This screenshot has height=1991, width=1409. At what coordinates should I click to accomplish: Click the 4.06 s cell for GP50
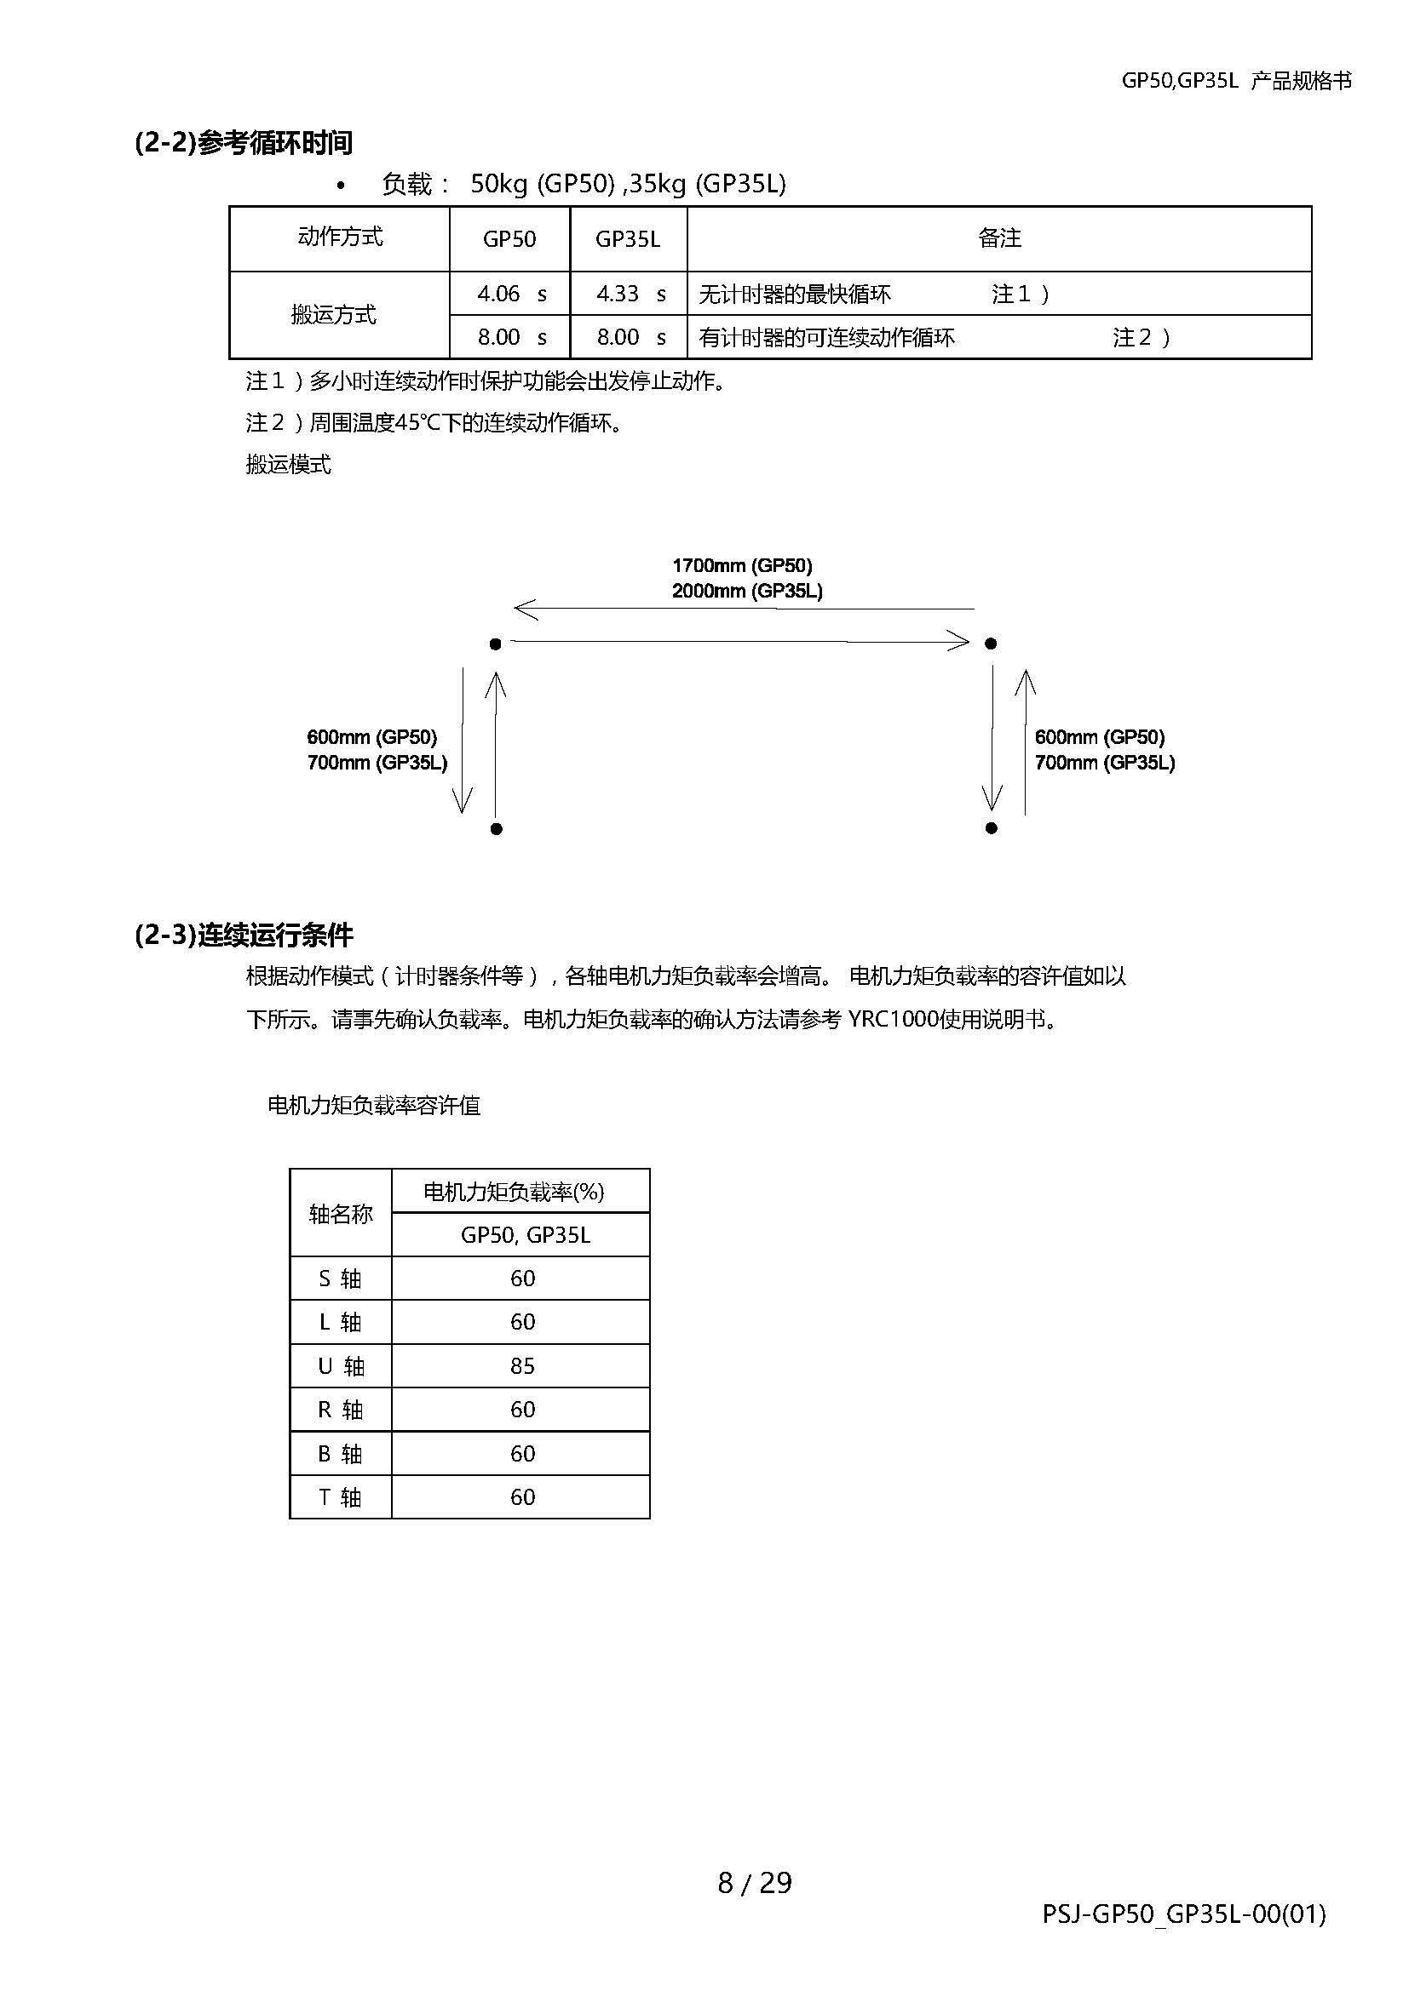point(510,294)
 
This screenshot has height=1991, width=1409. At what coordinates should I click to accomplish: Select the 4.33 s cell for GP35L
point(629,294)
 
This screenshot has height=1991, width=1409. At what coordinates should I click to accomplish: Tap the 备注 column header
point(998,238)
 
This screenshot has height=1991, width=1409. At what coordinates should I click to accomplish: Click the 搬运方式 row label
point(334,315)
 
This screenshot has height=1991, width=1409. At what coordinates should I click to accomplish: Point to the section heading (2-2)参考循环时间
point(244,142)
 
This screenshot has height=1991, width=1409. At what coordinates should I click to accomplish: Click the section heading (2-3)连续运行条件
point(244,935)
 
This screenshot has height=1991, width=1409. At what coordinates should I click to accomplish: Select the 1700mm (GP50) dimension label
point(742,566)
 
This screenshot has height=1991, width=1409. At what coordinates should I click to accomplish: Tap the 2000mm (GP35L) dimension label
point(747,592)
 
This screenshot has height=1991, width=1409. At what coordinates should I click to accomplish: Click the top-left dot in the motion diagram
point(496,644)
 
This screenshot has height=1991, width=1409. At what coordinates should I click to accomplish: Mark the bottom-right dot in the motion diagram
point(991,828)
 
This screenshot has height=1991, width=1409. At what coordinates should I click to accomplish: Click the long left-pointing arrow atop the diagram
point(743,609)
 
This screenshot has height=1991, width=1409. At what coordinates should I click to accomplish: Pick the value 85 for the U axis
point(522,1365)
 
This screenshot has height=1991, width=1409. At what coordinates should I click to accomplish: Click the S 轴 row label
point(340,1279)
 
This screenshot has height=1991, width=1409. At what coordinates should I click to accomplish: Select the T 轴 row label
point(340,1496)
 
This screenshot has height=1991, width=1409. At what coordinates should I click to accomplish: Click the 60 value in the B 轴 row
point(522,1453)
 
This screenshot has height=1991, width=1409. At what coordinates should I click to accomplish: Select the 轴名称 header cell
point(340,1214)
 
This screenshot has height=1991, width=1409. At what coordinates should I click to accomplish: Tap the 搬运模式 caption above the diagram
point(288,465)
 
